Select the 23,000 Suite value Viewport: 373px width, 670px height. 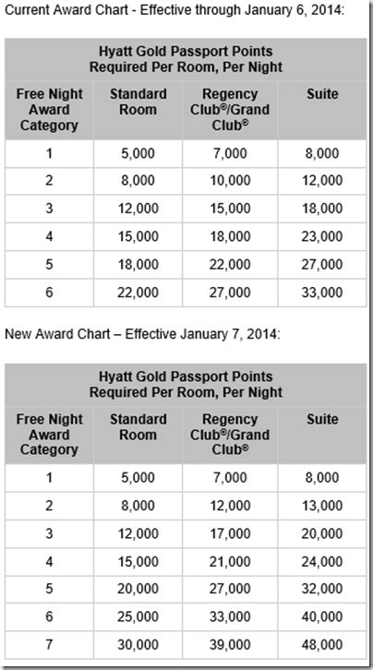point(323,237)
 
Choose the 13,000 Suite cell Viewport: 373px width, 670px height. point(323,507)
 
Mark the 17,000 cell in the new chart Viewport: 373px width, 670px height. point(231,534)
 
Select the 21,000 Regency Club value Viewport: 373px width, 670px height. point(231,562)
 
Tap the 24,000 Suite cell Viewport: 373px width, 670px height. point(323,562)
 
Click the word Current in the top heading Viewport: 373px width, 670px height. point(29,11)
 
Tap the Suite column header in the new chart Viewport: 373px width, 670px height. point(323,419)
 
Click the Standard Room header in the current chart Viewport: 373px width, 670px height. point(138,102)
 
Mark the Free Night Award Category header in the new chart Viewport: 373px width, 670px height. point(49,434)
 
